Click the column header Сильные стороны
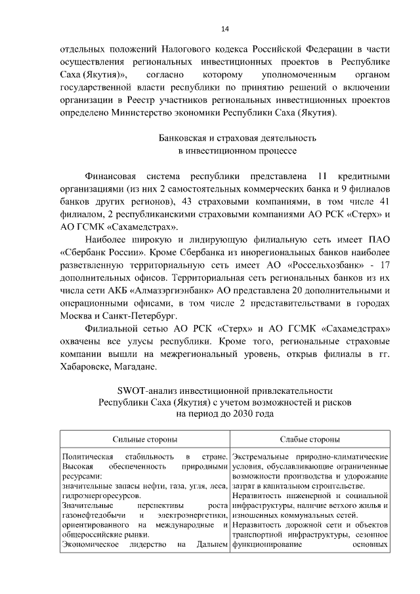point(144,439)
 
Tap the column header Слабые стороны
point(310,439)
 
